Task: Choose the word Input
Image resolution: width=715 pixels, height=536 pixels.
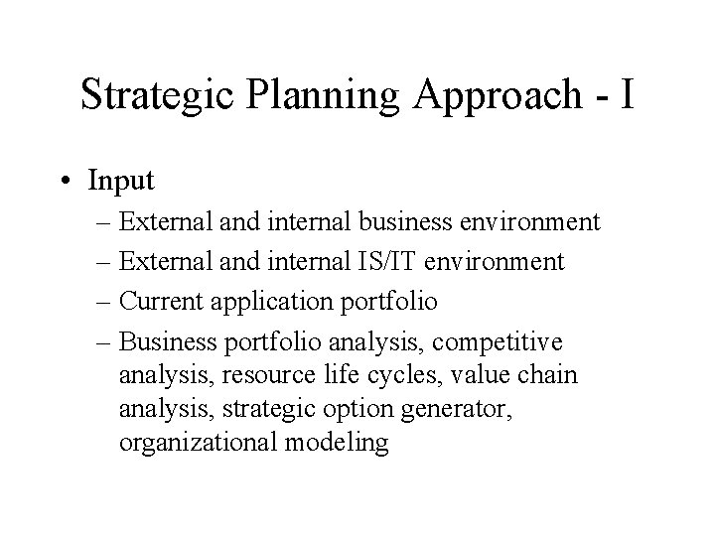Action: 120,181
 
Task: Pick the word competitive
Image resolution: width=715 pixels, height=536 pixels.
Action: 502,342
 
